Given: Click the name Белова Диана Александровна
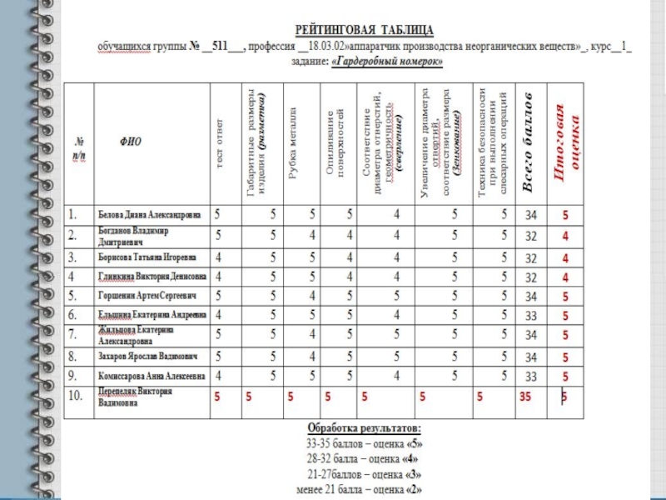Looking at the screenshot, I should click(x=150, y=214).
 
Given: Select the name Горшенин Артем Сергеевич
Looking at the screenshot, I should click(x=147, y=296).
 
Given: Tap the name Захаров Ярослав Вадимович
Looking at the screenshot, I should click(x=147, y=356).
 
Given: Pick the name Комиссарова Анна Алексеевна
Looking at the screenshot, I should click(x=152, y=376).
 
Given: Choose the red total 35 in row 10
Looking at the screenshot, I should click(x=524, y=397).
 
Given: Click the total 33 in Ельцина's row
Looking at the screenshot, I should click(x=530, y=317).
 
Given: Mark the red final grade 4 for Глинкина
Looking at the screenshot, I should click(x=565, y=277).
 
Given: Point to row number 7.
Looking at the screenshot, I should click(x=73, y=336).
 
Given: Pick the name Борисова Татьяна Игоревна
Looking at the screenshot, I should click(x=147, y=256).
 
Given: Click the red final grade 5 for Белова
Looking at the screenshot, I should click(x=565, y=216).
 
